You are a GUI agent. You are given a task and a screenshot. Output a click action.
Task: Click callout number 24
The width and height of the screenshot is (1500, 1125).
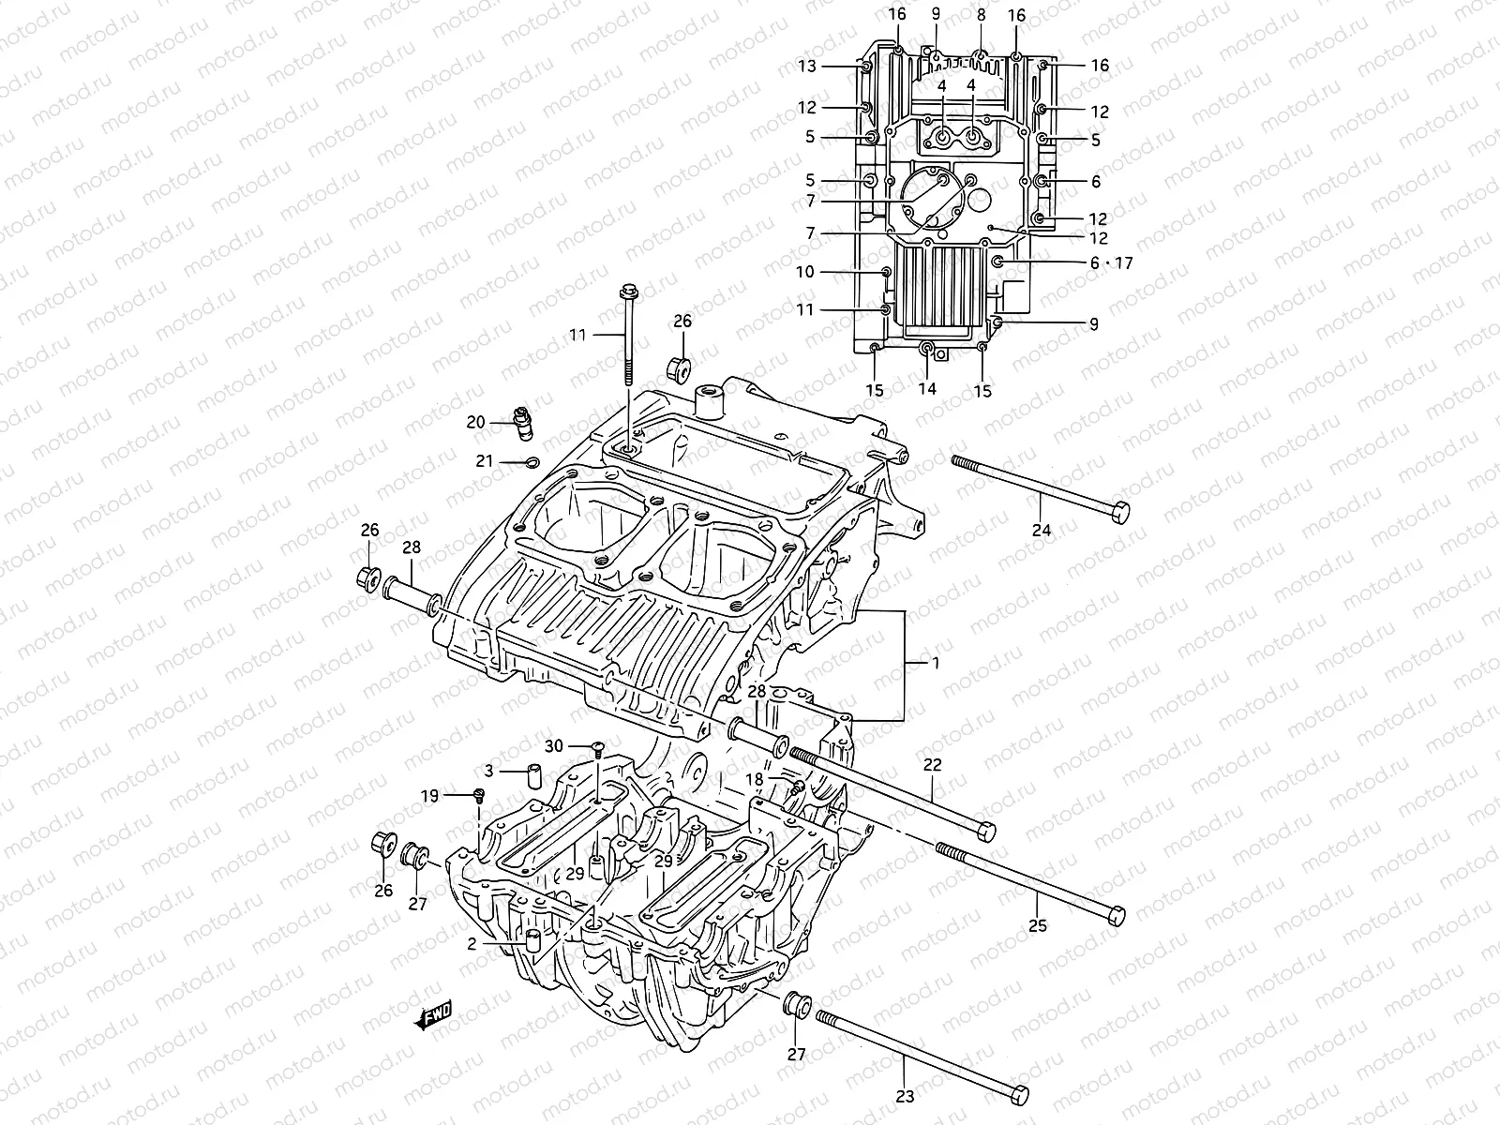1041,530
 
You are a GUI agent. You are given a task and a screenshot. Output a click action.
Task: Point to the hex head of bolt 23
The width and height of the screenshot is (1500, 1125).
1016,1094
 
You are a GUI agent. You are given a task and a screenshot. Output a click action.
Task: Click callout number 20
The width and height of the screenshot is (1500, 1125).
475,423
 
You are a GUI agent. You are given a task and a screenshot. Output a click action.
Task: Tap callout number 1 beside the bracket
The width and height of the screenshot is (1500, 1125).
934,662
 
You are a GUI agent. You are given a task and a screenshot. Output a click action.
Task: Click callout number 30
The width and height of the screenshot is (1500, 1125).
554,746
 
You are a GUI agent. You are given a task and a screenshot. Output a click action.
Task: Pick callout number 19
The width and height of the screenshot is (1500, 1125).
429,796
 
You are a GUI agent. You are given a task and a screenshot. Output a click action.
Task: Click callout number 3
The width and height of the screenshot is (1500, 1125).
487,771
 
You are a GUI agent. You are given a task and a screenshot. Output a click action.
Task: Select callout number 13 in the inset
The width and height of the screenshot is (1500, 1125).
807,66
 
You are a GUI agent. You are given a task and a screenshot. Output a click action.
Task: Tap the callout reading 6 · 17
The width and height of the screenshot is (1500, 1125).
1110,263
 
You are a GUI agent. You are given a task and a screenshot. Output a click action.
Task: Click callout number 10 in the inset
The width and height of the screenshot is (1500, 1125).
805,272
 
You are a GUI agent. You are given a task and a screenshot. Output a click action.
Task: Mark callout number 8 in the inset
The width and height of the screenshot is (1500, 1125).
981,15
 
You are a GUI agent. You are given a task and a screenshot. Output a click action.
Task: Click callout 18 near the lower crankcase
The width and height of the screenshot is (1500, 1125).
755,778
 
